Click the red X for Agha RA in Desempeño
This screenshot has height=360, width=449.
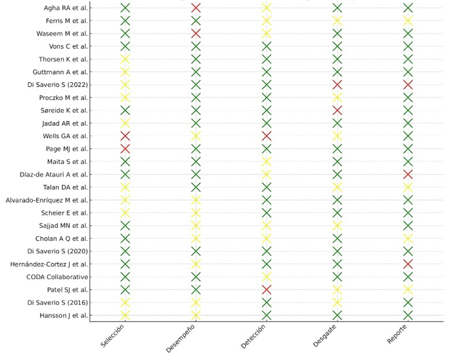196,8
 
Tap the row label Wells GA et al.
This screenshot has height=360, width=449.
65,136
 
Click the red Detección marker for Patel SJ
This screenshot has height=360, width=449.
266,290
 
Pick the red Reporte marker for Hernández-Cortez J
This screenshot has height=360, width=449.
408,264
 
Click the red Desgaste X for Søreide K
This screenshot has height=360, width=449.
337,110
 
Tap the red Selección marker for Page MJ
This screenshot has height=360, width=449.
125,149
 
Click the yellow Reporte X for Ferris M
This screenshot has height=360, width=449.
408,21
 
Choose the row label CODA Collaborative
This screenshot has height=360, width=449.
57,277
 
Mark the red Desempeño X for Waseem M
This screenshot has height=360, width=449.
196,34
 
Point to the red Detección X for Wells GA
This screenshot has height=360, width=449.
266,136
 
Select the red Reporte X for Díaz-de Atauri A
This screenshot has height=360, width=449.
408,175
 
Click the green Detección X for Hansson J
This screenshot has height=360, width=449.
266,316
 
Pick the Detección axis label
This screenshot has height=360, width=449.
253,337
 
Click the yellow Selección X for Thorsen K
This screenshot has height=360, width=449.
125,59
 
